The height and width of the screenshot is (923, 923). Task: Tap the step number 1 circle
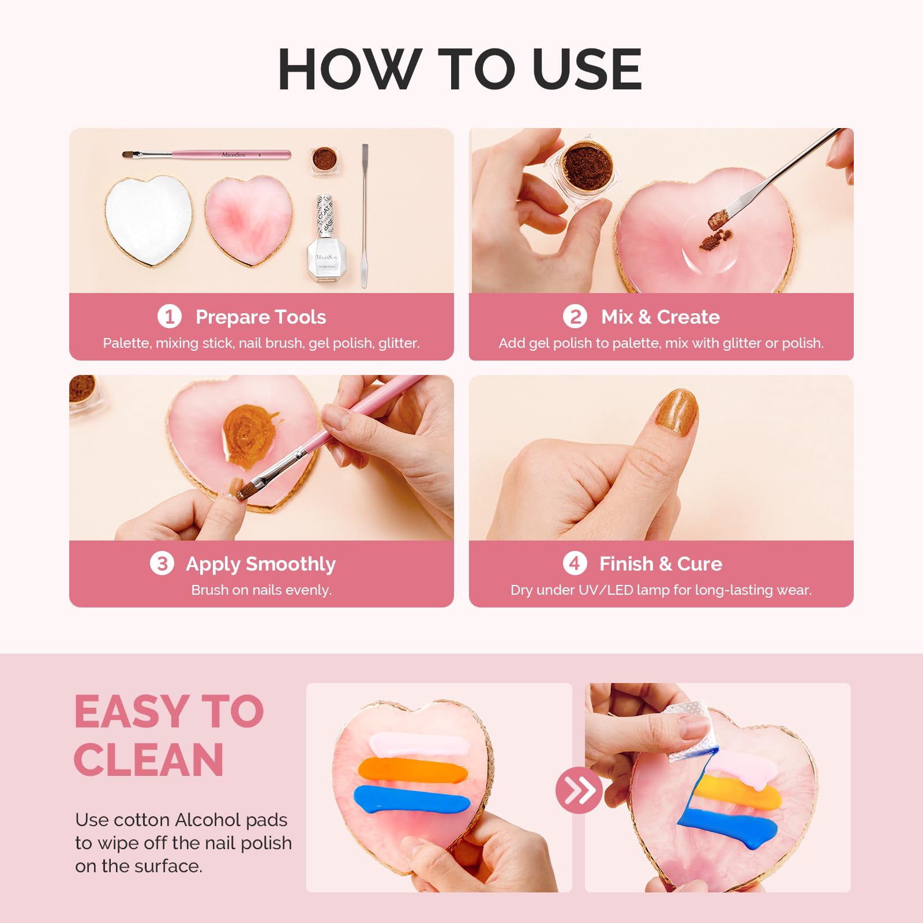click(169, 316)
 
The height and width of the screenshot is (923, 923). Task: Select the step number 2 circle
click(575, 316)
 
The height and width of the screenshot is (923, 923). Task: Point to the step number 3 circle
click(162, 563)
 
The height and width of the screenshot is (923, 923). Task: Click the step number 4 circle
click(575, 563)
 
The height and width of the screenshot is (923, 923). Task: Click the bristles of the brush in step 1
click(131, 155)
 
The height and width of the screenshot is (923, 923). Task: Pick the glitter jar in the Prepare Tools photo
click(325, 160)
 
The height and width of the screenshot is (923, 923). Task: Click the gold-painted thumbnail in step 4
click(677, 412)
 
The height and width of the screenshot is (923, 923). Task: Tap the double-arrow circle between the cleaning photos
click(579, 790)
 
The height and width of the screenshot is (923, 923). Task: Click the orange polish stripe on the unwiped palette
click(413, 771)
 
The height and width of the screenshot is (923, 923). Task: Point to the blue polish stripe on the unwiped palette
click(411, 800)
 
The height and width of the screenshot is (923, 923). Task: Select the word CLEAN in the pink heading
click(149, 760)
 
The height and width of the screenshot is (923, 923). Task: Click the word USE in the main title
click(587, 69)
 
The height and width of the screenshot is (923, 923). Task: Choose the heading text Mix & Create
click(661, 317)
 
